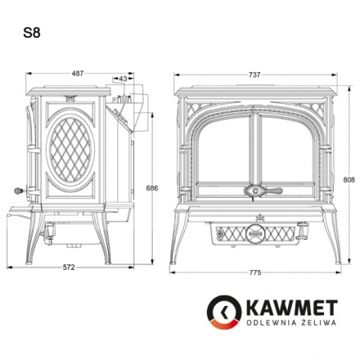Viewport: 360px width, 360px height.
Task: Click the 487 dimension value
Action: pos(78,74)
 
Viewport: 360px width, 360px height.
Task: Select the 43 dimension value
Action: pos(123,79)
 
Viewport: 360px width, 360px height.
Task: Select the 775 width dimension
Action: pos(255,271)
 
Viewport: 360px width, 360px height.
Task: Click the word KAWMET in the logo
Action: pos(286,309)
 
